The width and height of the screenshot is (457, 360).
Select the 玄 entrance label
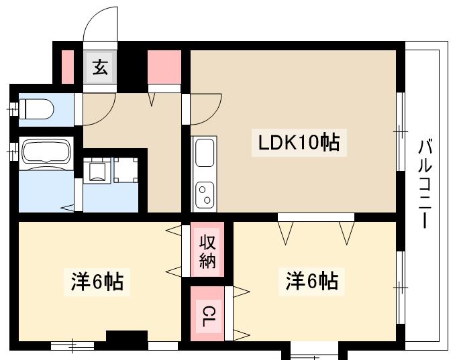100,67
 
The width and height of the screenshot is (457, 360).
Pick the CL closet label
207,314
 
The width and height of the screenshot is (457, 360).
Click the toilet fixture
36,107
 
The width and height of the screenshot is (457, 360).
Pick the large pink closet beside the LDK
164,66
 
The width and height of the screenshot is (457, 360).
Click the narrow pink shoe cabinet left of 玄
67,66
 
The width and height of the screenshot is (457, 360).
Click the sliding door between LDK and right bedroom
316,217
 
